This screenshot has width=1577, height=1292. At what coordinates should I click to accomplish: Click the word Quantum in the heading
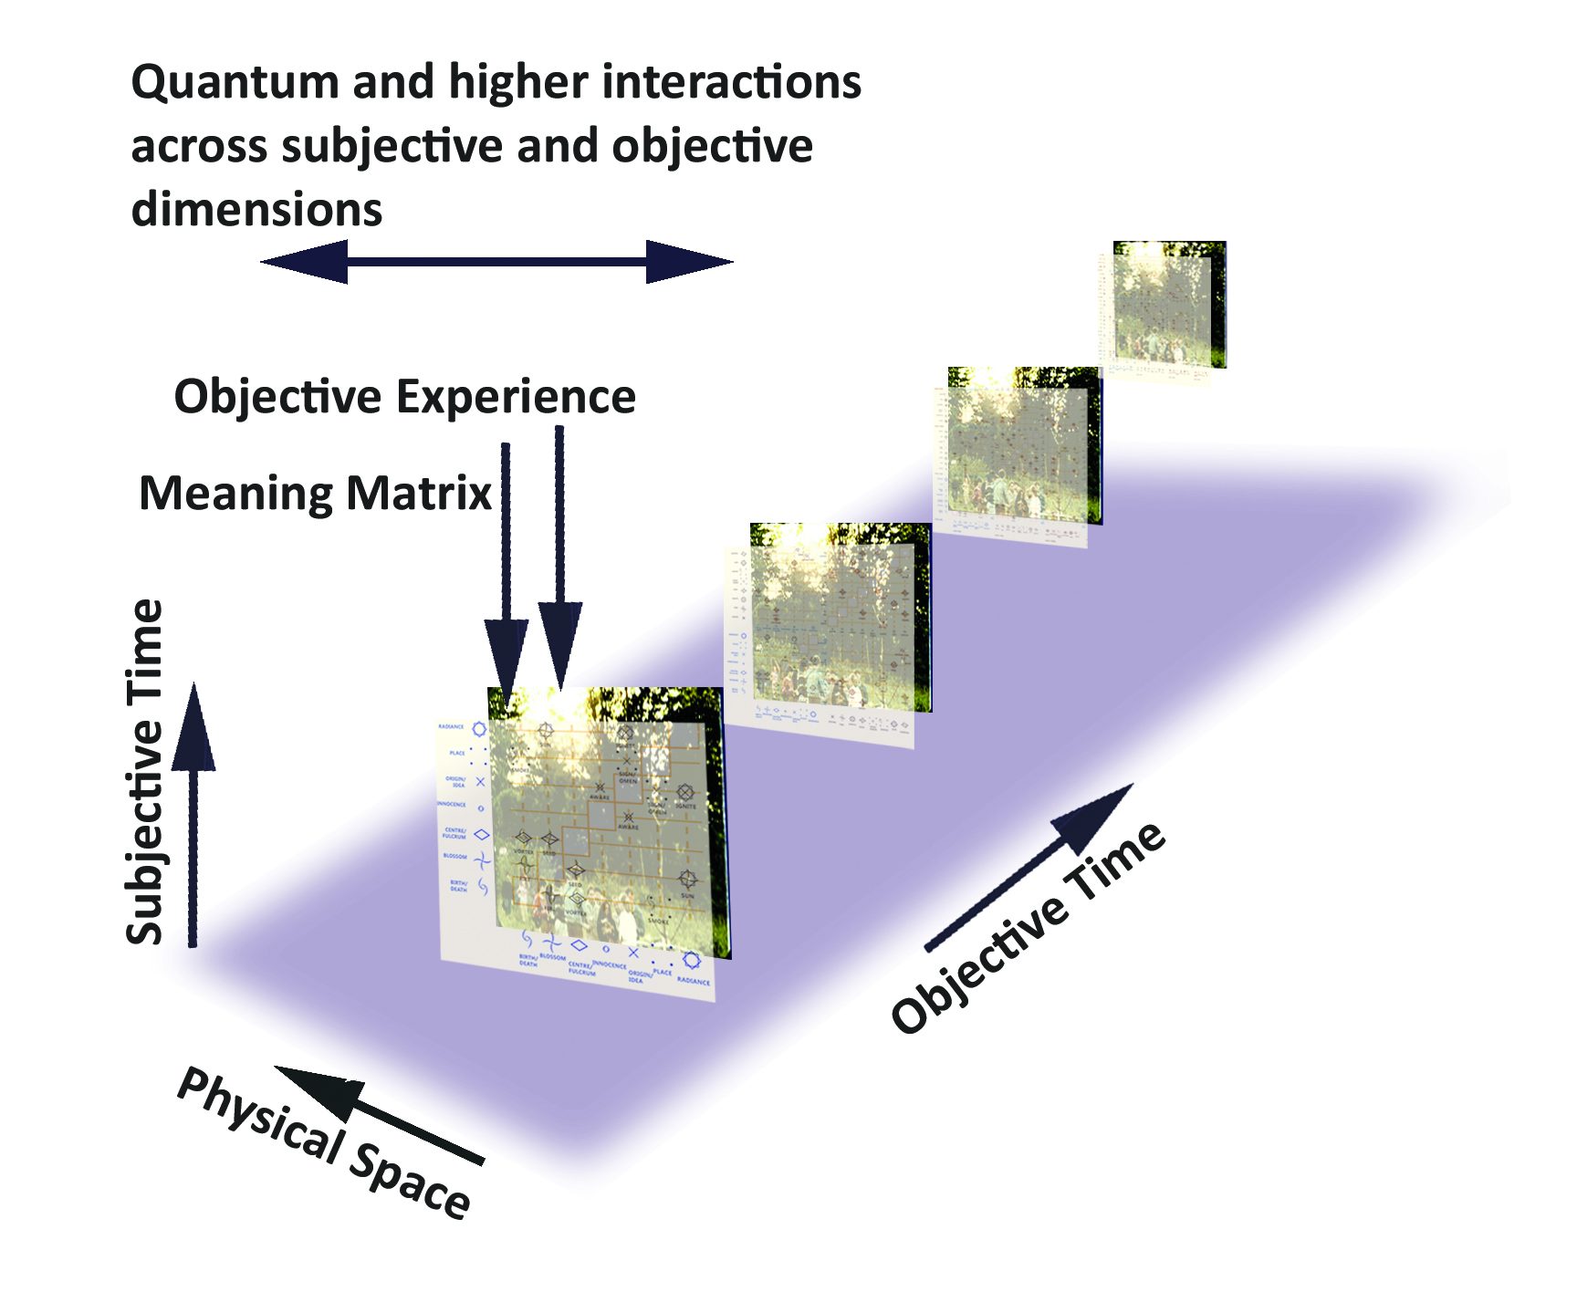coord(235,84)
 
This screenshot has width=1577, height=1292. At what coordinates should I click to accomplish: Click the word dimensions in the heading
coord(256,210)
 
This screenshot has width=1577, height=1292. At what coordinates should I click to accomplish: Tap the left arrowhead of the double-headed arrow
coord(306,262)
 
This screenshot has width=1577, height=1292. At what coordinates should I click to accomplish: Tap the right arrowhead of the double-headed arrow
coord(688,262)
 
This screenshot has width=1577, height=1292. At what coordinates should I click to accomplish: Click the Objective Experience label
coord(404,397)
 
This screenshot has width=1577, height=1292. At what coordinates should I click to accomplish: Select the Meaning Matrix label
coord(315,494)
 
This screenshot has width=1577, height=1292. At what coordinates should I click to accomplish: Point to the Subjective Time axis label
coord(144,771)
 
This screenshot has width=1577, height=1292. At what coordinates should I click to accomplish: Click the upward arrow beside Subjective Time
coord(193,812)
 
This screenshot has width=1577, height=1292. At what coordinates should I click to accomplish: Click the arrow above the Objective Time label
coord(1031,867)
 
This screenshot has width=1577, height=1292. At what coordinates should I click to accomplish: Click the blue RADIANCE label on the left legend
coord(451,726)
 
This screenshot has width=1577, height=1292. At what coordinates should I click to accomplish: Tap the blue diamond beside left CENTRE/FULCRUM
coord(481,834)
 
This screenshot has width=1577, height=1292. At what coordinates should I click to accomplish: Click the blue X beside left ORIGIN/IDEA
coord(480,782)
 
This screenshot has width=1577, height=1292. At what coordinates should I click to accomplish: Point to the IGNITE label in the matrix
coord(685,806)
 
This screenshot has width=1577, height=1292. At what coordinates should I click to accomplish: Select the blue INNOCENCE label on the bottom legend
coord(609,964)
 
